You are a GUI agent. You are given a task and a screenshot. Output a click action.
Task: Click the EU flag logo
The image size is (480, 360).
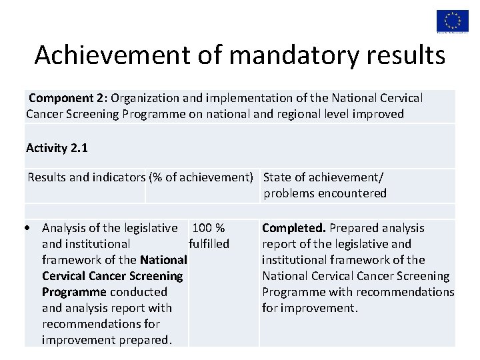point(453,19)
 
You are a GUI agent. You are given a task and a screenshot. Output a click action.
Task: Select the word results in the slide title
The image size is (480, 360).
point(407,55)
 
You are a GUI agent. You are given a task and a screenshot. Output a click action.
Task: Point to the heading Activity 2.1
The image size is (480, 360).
point(57,147)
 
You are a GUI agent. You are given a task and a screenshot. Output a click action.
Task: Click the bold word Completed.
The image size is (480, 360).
point(294,228)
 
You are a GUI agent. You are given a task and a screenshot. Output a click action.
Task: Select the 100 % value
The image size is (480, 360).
point(208,228)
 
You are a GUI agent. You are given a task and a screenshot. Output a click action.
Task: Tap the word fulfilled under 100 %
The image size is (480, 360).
point(209,244)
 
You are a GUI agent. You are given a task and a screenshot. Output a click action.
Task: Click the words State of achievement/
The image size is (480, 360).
point(323,177)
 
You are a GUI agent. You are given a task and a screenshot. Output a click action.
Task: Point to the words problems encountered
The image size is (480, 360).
point(325,193)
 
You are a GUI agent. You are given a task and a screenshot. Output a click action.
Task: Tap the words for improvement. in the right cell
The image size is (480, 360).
point(310,308)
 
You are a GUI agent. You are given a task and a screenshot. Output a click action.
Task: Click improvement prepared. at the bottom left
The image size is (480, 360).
point(107,340)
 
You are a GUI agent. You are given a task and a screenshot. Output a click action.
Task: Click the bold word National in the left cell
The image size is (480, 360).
point(163,260)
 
